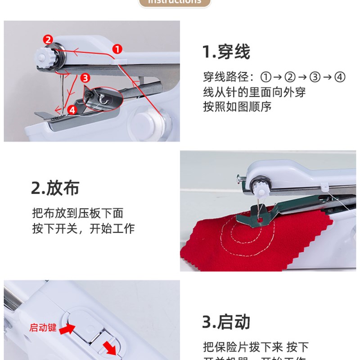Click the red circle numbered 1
117,48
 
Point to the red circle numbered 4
72,109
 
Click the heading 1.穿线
226,52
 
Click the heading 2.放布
55,188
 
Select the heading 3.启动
226,322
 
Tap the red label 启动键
43,328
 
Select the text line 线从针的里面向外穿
254,92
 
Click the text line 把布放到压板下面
77,213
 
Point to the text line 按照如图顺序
237,107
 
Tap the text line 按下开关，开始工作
83,228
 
